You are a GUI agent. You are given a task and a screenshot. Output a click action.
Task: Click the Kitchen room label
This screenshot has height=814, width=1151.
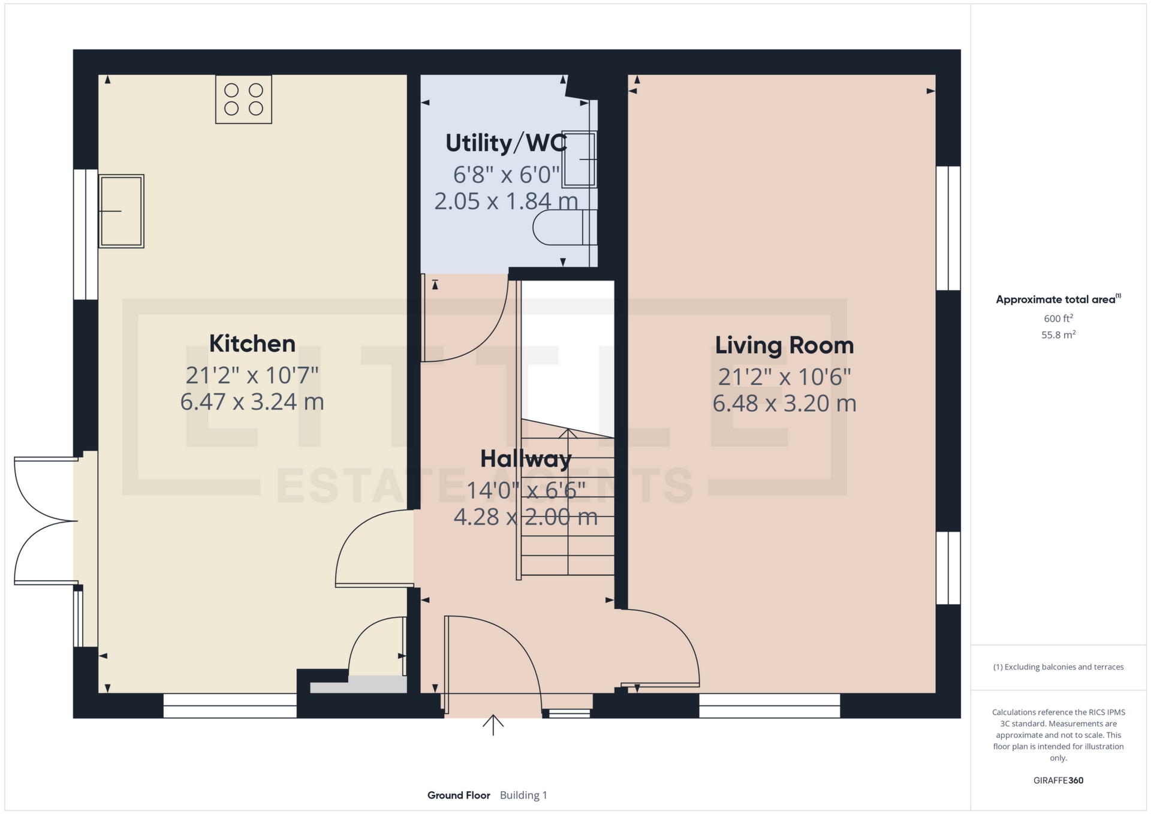click(252, 343)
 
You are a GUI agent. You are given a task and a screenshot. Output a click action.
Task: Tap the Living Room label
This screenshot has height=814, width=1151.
click(784, 345)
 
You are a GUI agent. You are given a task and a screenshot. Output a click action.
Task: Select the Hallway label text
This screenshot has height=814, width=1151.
click(526, 459)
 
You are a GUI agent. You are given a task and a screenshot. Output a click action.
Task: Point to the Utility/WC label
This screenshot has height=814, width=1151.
click(507, 143)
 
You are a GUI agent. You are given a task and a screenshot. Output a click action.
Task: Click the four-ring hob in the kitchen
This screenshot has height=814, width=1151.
click(243, 100)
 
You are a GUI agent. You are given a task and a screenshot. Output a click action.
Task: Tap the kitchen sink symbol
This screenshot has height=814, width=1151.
click(121, 211)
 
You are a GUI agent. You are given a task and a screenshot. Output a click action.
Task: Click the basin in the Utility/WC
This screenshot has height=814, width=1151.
click(579, 159)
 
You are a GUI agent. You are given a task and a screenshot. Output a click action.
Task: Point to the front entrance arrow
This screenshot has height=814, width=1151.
click(493, 725)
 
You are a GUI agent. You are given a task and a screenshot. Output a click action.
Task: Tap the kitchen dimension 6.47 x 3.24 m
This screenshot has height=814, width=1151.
click(252, 402)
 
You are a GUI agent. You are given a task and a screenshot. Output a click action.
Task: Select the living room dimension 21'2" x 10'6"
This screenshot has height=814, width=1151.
click(784, 377)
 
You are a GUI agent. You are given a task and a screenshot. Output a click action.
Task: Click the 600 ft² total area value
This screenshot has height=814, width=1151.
click(1058, 318)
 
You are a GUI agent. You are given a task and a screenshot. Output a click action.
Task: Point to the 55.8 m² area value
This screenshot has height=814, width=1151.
click(1058, 334)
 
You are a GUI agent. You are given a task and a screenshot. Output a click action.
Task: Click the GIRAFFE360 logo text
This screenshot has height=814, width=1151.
click(1058, 780)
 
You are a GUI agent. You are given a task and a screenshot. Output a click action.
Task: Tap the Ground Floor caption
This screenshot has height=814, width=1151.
click(459, 795)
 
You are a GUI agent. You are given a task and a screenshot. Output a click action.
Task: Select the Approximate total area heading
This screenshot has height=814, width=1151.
click(1058, 299)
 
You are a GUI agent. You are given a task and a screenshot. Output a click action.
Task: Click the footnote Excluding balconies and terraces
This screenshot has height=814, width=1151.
click(1058, 667)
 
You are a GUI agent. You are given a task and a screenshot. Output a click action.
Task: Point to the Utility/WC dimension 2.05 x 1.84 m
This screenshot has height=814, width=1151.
click(507, 201)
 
